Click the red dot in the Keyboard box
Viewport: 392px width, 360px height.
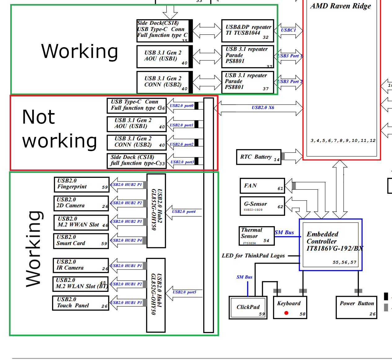pyautogui.click(x=286, y=313)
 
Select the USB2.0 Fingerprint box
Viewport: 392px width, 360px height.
pyautogui.click(x=81, y=184)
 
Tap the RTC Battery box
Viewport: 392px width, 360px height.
pyautogui.click(x=258, y=157)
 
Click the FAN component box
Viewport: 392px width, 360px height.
pyautogui.click(x=262, y=186)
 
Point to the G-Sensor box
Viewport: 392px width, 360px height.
pyautogui.click(x=262, y=205)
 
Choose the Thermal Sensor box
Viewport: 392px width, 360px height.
pyautogui.click(x=256, y=236)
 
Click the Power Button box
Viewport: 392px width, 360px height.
pyautogui.click(x=356, y=307)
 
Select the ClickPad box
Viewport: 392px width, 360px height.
pyautogui.click(x=248, y=308)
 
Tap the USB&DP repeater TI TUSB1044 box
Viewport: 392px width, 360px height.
pyautogui.click(x=248, y=31)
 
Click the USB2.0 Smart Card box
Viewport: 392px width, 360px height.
pyautogui.click(x=81, y=241)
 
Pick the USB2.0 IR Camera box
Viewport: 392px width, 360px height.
pyautogui.click(x=81, y=265)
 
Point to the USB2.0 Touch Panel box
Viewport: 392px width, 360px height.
pyautogui.click(x=81, y=303)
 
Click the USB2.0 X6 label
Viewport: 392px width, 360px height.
pyautogui.click(x=263, y=108)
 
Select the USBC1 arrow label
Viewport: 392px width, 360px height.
pyautogui.click(x=288, y=30)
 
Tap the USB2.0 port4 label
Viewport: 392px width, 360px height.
pyautogui.click(x=184, y=212)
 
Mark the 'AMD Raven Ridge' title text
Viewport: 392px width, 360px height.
pyautogui.click(x=341, y=6)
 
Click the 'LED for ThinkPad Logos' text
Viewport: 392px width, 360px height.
pyautogui.click(x=253, y=256)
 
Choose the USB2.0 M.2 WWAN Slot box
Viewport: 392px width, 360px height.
pyautogui.click(x=81, y=222)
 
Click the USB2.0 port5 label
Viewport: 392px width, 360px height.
pyautogui.click(x=184, y=292)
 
